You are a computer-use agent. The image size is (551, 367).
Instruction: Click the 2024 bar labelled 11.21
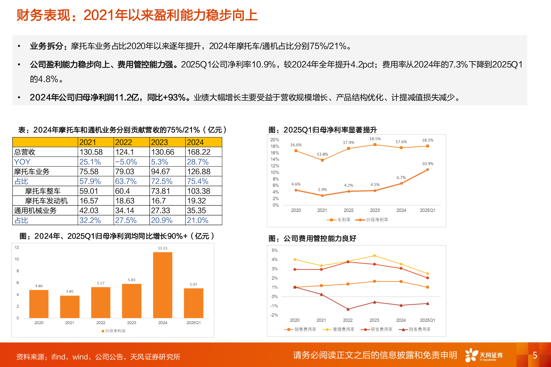click(x=163, y=285)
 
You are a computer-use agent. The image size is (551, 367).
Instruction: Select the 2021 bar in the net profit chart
click(x=70, y=307)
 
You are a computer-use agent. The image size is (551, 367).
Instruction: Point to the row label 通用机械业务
click(x=35, y=210)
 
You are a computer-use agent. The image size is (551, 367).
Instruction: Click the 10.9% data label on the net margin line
click(x=428, y=164)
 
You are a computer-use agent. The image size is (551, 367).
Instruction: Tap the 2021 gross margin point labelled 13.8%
click(x=322, y=160)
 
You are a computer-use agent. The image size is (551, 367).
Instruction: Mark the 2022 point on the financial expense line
click(x=348, y=309)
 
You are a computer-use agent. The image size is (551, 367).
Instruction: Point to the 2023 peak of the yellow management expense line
click(x=374, y=256)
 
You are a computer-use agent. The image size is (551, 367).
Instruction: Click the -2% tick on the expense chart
click(x=274, y=315)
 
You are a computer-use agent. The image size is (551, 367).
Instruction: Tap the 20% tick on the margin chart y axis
click(x=274, y=140)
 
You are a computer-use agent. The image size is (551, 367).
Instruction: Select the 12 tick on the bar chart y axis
click(x=17, y=248)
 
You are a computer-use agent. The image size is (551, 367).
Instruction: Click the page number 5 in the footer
click(x=535, y=355)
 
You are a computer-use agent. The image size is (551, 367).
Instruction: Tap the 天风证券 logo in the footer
click(x=484, y=355)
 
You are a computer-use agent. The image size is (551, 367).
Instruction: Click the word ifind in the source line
click(x=59, y=357)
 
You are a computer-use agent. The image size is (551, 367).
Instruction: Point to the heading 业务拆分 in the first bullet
click(x=46, y=46)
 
